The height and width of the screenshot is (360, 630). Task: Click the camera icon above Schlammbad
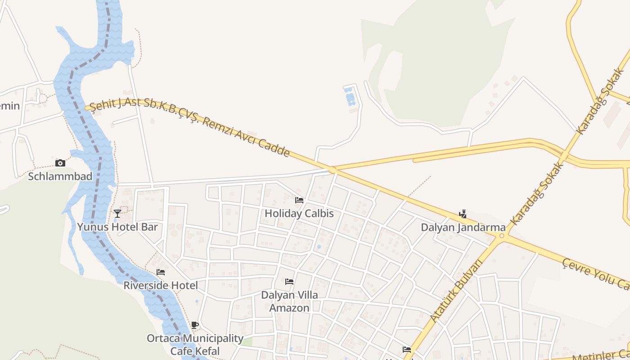coord(60,163)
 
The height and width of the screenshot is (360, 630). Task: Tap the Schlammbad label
coord(60,176)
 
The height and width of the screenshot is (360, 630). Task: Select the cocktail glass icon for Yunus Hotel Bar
coord(117,213)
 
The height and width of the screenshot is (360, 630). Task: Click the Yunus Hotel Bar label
coord(117,226)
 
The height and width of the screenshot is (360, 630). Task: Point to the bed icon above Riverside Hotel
coord(160,272)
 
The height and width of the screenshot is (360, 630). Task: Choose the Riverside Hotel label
coord(161,285)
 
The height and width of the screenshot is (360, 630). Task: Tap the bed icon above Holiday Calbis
coord(299,200)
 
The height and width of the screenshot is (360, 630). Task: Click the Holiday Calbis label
coord(299,213)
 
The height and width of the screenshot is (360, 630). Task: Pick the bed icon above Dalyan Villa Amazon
coord(289,282)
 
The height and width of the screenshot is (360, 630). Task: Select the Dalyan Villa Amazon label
coord(289,301)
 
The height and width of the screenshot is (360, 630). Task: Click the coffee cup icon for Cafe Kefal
coord(195,325)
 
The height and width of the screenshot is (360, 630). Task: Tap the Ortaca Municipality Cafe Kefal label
coord(195,344)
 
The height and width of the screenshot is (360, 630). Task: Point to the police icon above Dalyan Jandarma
coord(463,214)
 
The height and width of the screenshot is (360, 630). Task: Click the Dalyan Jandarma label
coord(463,227)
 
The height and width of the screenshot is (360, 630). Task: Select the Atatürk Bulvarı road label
coord(456,290)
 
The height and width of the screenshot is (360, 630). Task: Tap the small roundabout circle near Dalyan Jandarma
coord(502,235)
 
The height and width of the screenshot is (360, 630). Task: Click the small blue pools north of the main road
coord(350,97)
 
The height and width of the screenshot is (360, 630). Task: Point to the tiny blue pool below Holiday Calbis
coord(319,247)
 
